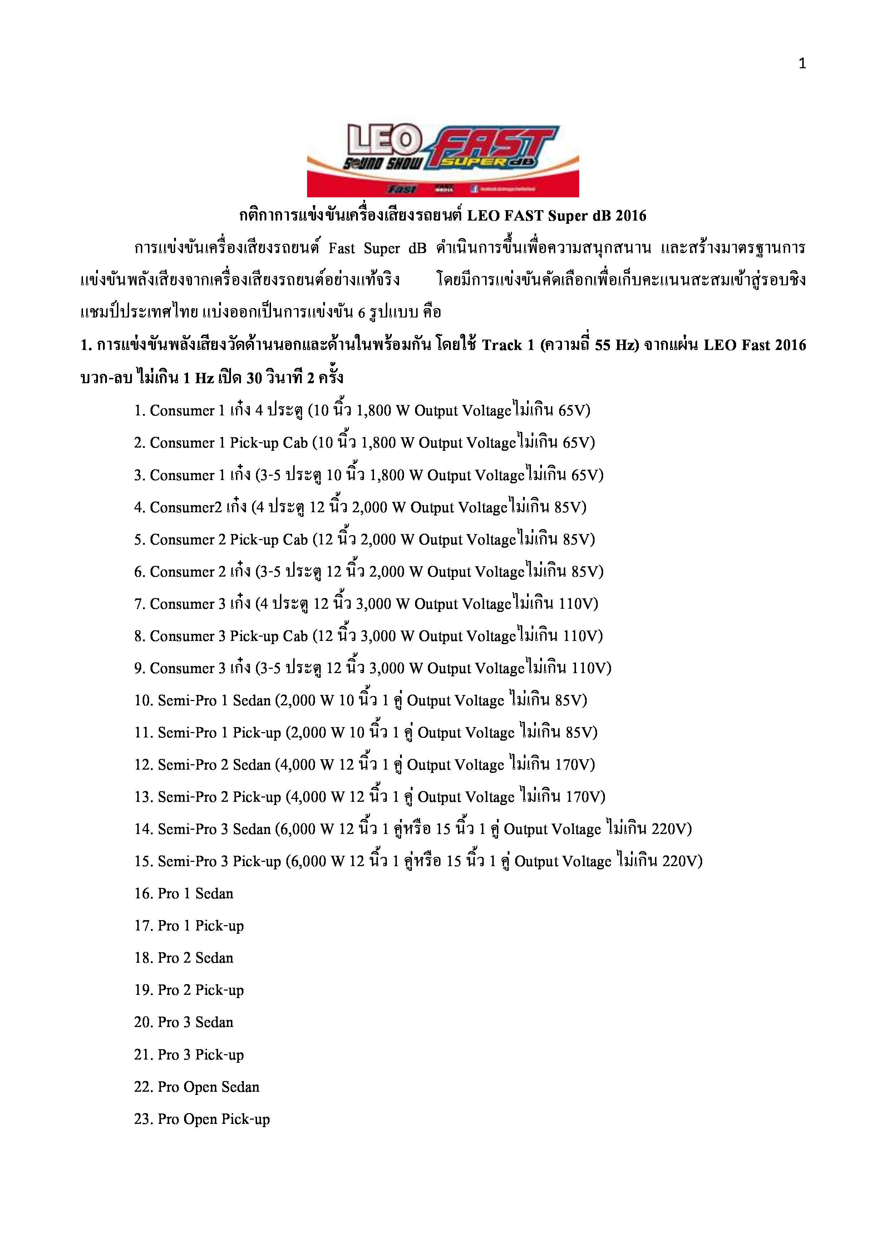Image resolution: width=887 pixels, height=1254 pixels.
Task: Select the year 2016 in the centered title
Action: point(631,216)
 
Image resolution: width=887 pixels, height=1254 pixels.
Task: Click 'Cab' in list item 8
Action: point(295,636)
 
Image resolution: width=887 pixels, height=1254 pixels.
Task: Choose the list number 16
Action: point(143,894)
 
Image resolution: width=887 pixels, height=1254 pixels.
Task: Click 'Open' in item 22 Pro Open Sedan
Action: point(200,1087)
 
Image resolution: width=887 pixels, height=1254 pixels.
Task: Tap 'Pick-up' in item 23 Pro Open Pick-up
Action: point(245,1120)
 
